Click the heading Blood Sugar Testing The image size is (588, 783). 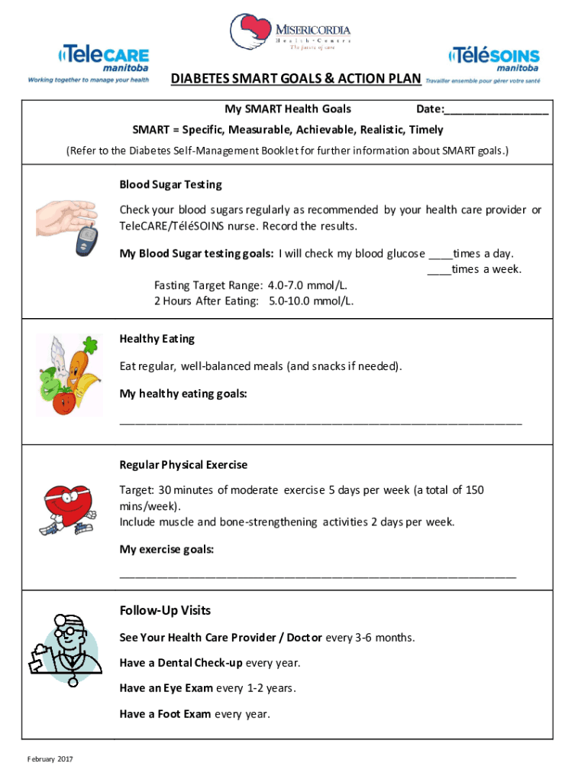click(x=170, y=184)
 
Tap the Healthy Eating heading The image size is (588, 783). click(x=157, y=339)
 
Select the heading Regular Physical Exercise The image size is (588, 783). click(x=183, y=465)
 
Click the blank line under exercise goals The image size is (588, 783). click(x=318, y=575)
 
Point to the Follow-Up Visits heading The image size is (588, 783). click(x=165, y=611)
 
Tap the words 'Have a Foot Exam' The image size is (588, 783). click(x=165, y=714)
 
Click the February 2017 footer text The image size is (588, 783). click(x=50, y=759)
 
